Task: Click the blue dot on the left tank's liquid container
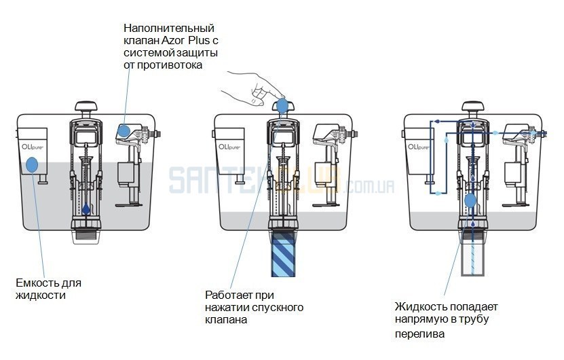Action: point(31,164)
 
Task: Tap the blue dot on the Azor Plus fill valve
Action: point(125,130)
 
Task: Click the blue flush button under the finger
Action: point(282,105)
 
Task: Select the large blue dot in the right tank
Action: point(471,200)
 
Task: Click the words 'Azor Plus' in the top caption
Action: point(182,40)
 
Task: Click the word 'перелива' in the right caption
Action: point(416,334)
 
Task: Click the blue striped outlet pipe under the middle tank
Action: point(282,253)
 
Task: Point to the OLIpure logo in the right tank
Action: point(417,145)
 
